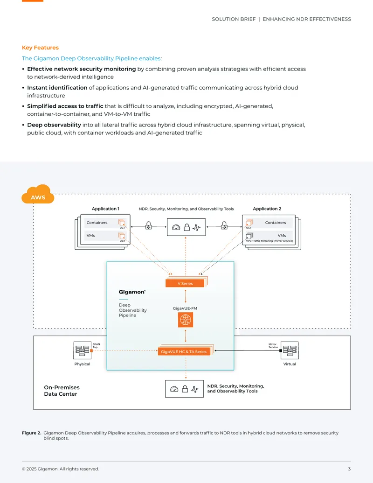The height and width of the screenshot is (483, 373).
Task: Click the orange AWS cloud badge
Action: (38, 195)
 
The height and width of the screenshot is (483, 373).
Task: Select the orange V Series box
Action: (185, 283)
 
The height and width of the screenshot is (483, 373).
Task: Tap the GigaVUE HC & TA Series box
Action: (184, 351)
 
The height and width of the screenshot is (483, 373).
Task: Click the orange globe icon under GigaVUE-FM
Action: (185, 320)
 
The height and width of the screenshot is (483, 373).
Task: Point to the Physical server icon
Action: (82, 350)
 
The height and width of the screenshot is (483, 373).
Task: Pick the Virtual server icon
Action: (290, 350)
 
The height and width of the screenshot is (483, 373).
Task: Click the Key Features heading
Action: (40, 48)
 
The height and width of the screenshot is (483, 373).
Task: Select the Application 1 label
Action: (105, 209)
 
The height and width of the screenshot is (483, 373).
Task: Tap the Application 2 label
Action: (267, 209)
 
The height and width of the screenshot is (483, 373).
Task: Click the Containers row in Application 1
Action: (105, 223)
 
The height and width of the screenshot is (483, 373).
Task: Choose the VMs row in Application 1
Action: (105, 236)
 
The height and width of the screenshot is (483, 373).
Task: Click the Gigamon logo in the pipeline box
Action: (132, 292)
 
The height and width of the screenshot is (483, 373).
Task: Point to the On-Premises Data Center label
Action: (62, 391)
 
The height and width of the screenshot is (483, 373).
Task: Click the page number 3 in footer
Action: (349, 469)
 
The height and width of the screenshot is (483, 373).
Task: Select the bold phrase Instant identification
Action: (57, 87)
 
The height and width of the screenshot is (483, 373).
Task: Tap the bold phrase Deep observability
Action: (54, 125)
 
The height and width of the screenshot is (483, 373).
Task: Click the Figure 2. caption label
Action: (31, 433)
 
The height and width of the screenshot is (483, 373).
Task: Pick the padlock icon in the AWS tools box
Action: (186, 227)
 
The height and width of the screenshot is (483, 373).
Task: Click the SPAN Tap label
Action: (97, 346)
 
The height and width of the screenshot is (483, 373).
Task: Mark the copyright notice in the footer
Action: (60, 469)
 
